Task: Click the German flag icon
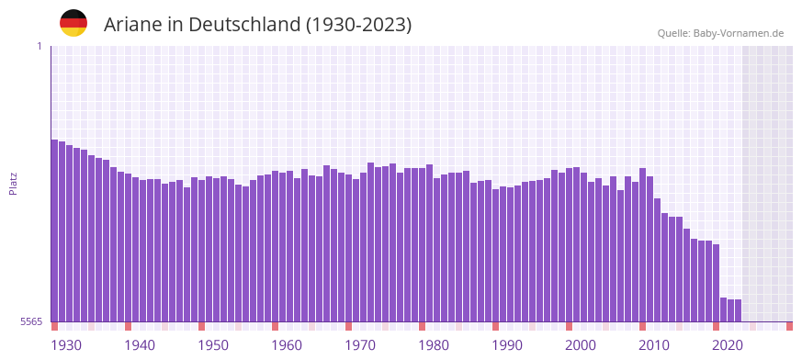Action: pos(73,23)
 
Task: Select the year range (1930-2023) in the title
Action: pos(359,25)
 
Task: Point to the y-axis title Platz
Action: pos(13,184)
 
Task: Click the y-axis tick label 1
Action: pos(39,46)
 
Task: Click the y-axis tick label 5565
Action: pos(30,322)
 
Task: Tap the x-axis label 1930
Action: pos(66,345)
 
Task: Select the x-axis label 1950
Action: pos(213,345)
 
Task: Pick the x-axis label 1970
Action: pos(360,345)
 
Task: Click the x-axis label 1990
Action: pos(507,345)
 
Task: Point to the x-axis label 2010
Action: pos(654,345)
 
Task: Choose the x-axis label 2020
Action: pos(728,345)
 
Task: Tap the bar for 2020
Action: pos(724,309)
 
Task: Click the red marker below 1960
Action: pos(276,326)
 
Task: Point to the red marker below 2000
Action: pos(570,326)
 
